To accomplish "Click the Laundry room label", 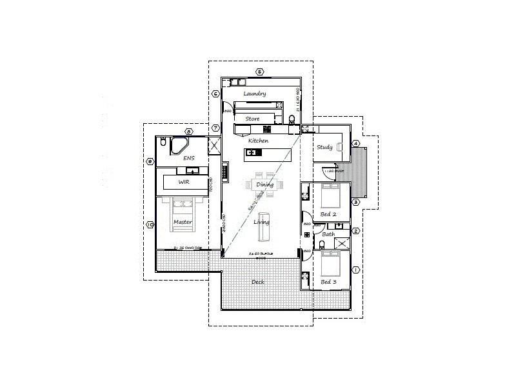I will [x=255, y=94].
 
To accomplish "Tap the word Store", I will [x=253, y=118].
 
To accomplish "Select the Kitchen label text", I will [x=258, y=141].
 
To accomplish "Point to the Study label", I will [x=324, y=148].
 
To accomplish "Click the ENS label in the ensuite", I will [x=189, y=157].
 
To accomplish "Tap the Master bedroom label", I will [x=184, y=223].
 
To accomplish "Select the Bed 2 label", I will [x=329, y=214].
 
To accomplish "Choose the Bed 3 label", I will [x=329, y=282].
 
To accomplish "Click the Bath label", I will [x=328, y=234].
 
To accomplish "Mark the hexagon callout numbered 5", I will [x=259, y=72].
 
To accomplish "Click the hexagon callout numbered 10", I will [x=150, y=224].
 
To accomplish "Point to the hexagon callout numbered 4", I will [x=355, y=143].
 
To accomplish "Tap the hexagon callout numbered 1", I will [x=355, y=269].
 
